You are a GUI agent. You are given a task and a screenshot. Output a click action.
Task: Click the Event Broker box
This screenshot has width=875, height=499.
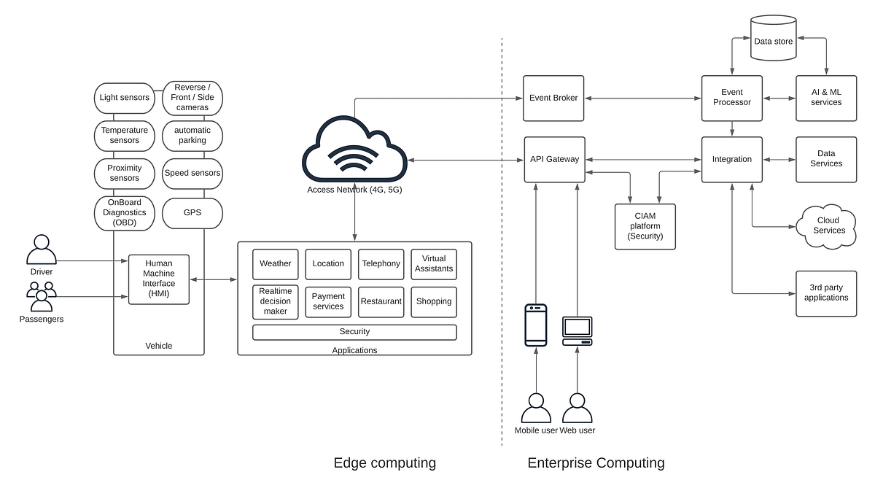pyautogui.click(x=553, y=98)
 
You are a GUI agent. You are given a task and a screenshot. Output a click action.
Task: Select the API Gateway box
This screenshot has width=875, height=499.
pyautogui.click(x=553, y=159)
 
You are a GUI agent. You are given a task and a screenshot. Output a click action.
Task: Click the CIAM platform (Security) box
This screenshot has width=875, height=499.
pyautogui.click(x=645, y=226)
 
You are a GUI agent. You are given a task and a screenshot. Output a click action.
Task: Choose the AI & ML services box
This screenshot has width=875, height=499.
pyautogui.click(x=825, y=98)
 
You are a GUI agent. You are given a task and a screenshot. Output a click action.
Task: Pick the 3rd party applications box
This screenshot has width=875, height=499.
pyautogui.click(x=825, y=293)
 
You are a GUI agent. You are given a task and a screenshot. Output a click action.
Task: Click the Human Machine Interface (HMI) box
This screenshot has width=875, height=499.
pyautogui.click(x=159, y=279)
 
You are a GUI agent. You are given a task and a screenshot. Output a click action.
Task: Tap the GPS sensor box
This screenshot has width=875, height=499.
pyautogui.click(x=192, y=213)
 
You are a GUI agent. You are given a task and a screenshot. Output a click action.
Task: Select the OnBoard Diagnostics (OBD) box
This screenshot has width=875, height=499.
pyautogui.click(x=124, y=213)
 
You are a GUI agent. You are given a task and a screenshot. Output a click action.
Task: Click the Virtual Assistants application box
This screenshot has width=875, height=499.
pyautogui.click(x=434, y=264)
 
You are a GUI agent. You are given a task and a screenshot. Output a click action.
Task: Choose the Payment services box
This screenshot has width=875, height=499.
pyautogui.click(x=328, y=302)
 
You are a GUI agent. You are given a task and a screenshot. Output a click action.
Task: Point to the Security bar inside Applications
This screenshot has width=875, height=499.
pyautogui.click(x=354, y=332)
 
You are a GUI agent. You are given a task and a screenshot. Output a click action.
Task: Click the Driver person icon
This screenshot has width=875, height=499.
pyautogui.click(x=42, y=250)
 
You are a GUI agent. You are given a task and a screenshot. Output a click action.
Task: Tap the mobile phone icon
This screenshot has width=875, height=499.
pyautogui.click(x=536, y=325)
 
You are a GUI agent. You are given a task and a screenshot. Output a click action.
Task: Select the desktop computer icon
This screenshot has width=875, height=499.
pyautogui.click(x=577, y=330)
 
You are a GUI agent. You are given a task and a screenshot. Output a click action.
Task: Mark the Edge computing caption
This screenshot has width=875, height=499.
pyautogui.click(x=384, y=463)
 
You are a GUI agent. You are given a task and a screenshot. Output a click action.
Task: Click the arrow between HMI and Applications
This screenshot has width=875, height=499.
pyautogui.click(x=214, y=279)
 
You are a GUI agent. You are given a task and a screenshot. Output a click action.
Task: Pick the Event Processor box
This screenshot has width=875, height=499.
pyautogui.click(x=731, y=98)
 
